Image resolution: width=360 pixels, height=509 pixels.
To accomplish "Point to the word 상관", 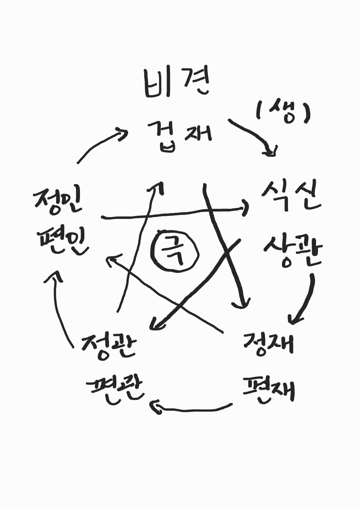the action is click(292, 250).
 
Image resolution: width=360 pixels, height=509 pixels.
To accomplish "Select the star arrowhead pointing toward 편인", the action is click(112, 260).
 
